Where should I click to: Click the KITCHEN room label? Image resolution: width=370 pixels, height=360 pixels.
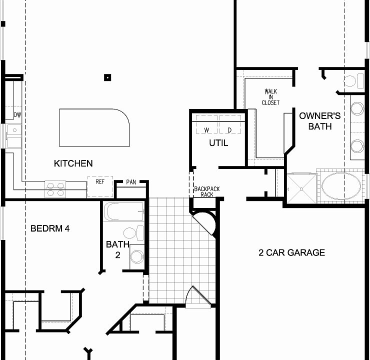point(73,163)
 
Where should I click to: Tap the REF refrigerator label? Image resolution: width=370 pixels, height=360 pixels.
point(100,182)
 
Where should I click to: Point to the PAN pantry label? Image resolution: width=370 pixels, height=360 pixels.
point(131,182)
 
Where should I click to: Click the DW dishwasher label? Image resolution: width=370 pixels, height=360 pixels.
point(17,115)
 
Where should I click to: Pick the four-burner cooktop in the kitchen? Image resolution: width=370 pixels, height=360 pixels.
point(55,189)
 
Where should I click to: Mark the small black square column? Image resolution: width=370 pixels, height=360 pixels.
point(107,77)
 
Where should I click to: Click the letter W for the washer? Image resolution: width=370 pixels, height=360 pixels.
point(206,130)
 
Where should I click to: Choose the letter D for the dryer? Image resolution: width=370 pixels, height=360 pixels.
point(229,130)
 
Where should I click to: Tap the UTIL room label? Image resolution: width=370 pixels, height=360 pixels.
point(218,143)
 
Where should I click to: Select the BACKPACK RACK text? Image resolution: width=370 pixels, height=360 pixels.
point(207,191)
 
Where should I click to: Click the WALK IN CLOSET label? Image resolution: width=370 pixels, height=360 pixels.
point(270,97)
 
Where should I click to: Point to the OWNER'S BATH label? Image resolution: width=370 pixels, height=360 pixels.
point(320,121)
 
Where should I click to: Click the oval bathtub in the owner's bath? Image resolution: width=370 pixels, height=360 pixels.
point(340,187)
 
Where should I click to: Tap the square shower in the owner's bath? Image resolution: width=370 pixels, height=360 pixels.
point(301,188)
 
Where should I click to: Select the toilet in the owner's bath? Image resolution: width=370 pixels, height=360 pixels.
point(352,80)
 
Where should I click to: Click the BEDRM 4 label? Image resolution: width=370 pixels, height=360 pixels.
point(50,229)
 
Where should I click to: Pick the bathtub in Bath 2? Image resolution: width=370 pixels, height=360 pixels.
point(124,212)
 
